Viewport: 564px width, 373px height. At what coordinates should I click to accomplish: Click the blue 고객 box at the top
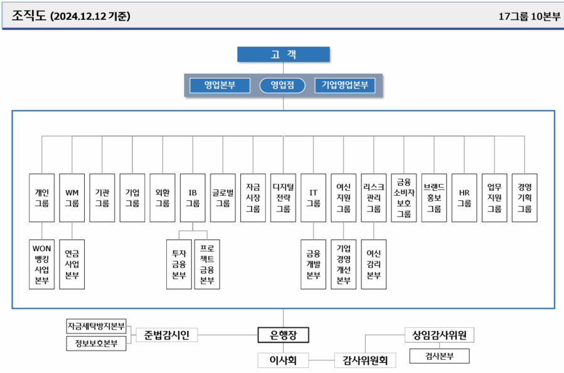tap(283, 55)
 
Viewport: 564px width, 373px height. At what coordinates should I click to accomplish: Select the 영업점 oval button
tap(282, 85)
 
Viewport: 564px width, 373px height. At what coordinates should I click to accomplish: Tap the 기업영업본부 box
tap(344, 85)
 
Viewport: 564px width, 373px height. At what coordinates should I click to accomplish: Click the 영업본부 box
tap(220, 85)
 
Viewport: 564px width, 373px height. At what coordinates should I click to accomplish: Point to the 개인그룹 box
tap(42, 197)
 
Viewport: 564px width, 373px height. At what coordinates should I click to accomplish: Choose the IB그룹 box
tap(193, 197)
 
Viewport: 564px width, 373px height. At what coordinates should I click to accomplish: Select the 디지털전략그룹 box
tap(283, 197)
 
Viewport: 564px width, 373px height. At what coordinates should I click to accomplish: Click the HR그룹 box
tap(464, 197)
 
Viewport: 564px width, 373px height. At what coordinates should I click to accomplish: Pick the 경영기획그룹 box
tap(524, 197)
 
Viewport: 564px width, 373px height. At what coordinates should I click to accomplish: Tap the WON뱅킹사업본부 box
tap(42, 264)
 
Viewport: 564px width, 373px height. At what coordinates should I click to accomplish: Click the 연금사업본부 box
tap(72, 264)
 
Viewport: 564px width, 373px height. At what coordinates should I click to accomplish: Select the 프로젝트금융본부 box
tap(207, 264)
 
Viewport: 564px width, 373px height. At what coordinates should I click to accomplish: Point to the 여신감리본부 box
tap(374, 264)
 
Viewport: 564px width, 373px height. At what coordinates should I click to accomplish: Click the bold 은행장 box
tap(284, 335)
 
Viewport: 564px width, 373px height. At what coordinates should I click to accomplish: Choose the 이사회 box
tap(283, 360)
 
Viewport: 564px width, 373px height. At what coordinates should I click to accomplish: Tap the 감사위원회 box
tap(365, 360)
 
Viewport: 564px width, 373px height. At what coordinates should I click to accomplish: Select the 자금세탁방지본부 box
tap(97, 327)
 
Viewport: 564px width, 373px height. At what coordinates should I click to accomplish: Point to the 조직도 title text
tap(28, 17)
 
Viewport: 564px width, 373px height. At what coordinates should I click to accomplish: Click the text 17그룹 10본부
tap(529, 17)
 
